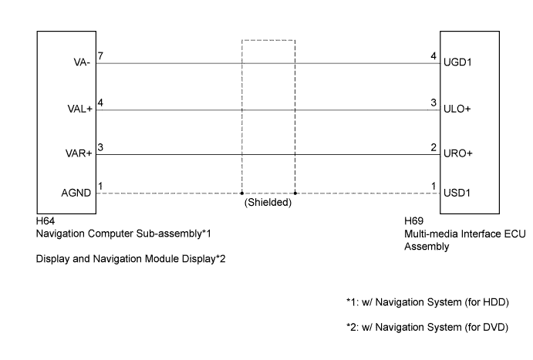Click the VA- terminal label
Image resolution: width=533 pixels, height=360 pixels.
[82, 62]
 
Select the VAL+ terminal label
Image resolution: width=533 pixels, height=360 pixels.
[80, 109]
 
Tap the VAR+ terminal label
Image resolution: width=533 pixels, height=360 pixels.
[79, 153]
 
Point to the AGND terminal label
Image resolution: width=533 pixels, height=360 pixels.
[76, 193]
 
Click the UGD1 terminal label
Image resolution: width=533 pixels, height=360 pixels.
[457, 62]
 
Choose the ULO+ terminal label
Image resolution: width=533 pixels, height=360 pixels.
[457, 109]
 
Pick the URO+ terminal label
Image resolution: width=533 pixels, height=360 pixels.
[458, 153]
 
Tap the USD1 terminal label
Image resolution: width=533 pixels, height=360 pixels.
[457, 193]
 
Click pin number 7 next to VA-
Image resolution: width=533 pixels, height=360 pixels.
[100, 56]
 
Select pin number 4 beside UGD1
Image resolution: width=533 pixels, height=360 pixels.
[433, 56]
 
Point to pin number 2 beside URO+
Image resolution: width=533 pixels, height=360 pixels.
[433, 147]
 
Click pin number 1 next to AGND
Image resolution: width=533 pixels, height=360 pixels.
[100, 186]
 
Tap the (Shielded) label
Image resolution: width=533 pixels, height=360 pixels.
[268, 203]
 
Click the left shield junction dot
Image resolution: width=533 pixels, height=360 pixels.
[241, 193]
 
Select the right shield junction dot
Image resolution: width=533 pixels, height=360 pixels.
[295, 193]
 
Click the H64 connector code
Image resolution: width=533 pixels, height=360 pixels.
[46, 221]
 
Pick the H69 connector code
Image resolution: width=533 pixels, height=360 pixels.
[413, 221]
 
